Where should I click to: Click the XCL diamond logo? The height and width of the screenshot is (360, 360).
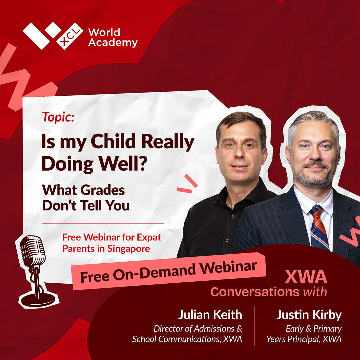[x=53, y=36]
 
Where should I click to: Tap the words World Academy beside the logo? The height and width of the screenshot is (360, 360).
[x=113, y=38]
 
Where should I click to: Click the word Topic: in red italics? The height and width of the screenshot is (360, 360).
[x=58, y=117]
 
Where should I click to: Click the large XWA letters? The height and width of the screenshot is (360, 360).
[x=306, y=277]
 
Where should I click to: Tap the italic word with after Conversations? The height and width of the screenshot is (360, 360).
[x=315, y=292]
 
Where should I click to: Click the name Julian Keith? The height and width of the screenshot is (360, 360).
[x=210, y=315]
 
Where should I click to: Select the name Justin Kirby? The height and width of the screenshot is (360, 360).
[x=309, y=315]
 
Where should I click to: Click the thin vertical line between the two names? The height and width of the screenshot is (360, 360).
[x=255, y=326]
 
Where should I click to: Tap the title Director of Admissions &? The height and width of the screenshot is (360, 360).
[x=198, y=329]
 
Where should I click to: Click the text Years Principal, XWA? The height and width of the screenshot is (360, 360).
[x=304, y=339]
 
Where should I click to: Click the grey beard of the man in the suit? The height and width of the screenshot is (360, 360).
[x=313, y=176]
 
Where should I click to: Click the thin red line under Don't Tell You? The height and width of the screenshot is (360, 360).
[x=103, y=223]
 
